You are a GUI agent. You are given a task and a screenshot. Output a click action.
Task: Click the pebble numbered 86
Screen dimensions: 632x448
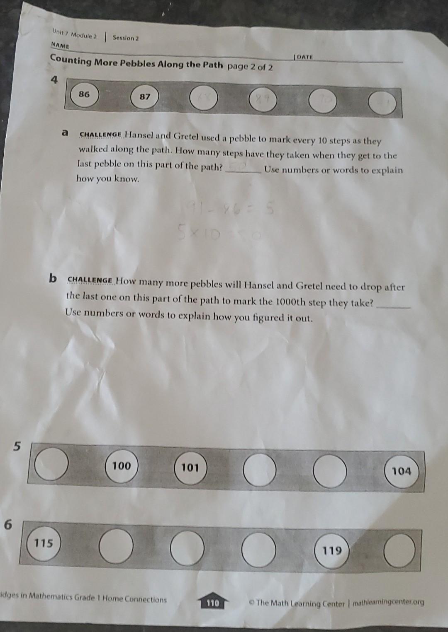coord(84,94)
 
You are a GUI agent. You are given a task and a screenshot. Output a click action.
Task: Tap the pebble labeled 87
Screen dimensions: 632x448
coord(144,97)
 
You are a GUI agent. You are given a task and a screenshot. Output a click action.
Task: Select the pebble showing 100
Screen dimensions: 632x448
coord(121,466)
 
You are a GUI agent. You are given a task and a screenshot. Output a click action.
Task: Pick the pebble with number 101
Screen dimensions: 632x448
coord(190,468)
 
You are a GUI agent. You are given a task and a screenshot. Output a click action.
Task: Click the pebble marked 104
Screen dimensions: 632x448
coord(401,471)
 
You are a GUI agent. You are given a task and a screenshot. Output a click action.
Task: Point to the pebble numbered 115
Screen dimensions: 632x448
coord(44,543)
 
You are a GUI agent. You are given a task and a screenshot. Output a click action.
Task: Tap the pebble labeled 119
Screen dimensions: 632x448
coord(332,551)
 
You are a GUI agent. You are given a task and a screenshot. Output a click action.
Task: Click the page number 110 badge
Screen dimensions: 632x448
coord(212,603)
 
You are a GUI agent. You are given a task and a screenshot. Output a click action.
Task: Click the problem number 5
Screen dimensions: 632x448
coord(17,446)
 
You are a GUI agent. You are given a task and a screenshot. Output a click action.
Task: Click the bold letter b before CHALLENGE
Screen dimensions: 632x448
coord(53,278)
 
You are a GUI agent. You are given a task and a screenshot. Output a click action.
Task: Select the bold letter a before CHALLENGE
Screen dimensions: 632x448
coord(64,133)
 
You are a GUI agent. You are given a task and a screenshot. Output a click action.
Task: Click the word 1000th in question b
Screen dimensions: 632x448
coord(290,302)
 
